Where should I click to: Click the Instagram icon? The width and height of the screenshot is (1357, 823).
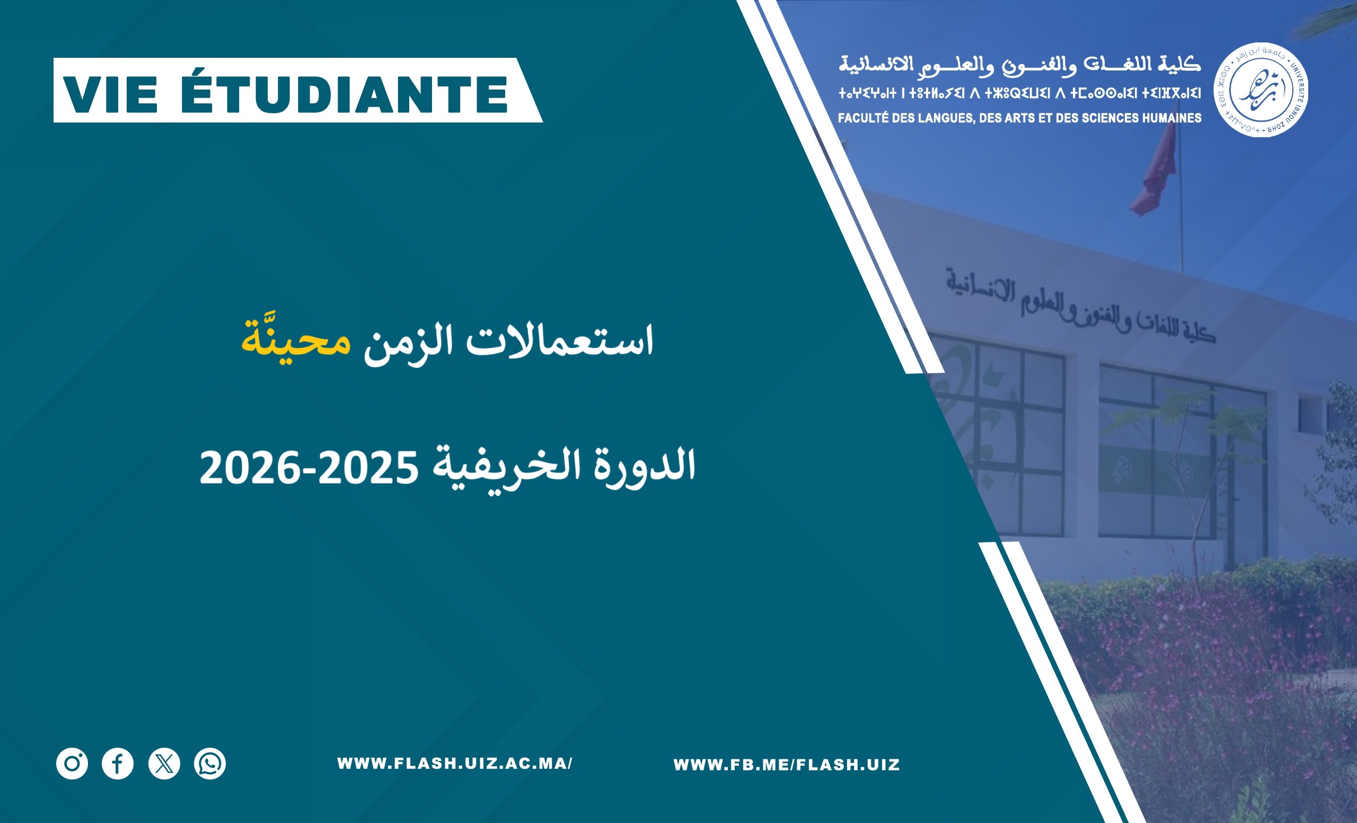point(72,764)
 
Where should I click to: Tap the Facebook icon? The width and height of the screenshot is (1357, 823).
point(118,764)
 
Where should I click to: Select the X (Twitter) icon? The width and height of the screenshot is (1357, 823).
point(164,764)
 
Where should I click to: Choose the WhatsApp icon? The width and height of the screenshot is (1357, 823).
point(210,764)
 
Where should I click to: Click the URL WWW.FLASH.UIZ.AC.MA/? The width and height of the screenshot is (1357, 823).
point(454,764)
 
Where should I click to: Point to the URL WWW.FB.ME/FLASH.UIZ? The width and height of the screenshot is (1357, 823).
point(787,765)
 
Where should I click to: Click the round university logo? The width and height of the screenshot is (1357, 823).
point(1261,90)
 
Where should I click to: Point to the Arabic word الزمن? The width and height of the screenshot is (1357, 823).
point(409,344)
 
